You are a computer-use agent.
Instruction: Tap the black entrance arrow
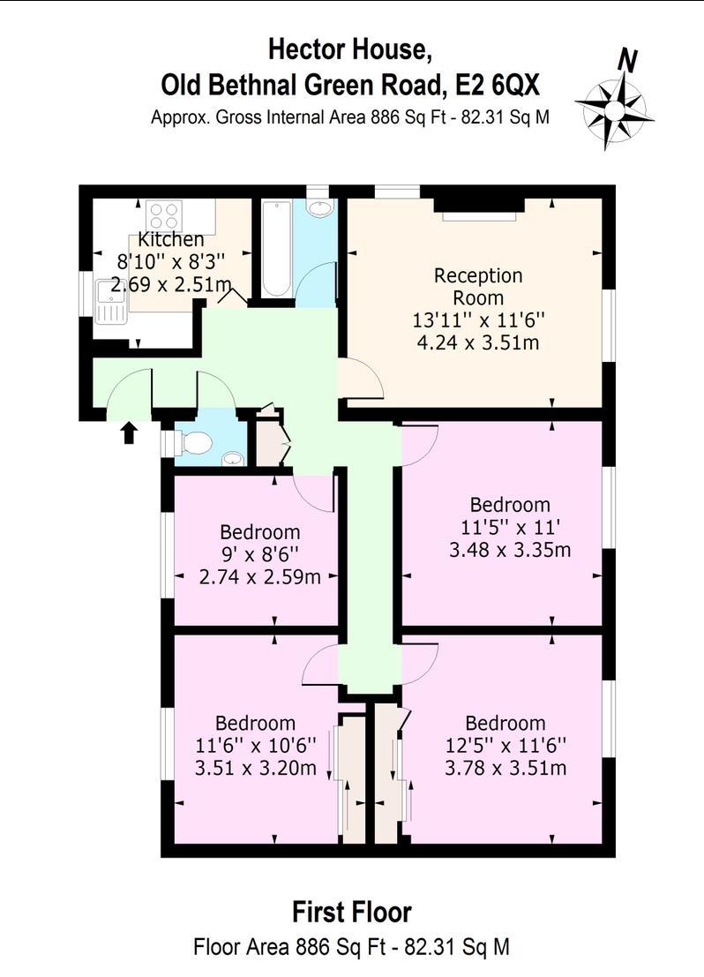click(x=128, y=432)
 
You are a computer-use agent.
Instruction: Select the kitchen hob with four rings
click(x=164, y=215)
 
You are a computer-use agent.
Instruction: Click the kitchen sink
click(x=111, y=302)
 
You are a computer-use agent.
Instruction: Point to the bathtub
click(x=276, y=249)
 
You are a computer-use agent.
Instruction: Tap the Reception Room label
click(x=478, y=287)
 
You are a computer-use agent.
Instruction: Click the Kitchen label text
click(x=170, y=239)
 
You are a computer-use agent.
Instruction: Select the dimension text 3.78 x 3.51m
click(x=506, y=768)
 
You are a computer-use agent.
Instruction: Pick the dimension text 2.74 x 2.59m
click(x=259, y=577)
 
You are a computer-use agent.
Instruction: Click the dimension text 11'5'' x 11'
click(x=510, y=528)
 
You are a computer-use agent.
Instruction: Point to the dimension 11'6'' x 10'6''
click(x=256, y=745)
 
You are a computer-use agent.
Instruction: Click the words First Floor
click(x=352, y=913)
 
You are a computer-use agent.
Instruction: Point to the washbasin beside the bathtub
click(x=320, y=208)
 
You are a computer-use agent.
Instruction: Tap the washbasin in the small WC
click(x=233, y=459)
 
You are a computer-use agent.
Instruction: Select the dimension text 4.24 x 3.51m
click(x=478, y=342)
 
